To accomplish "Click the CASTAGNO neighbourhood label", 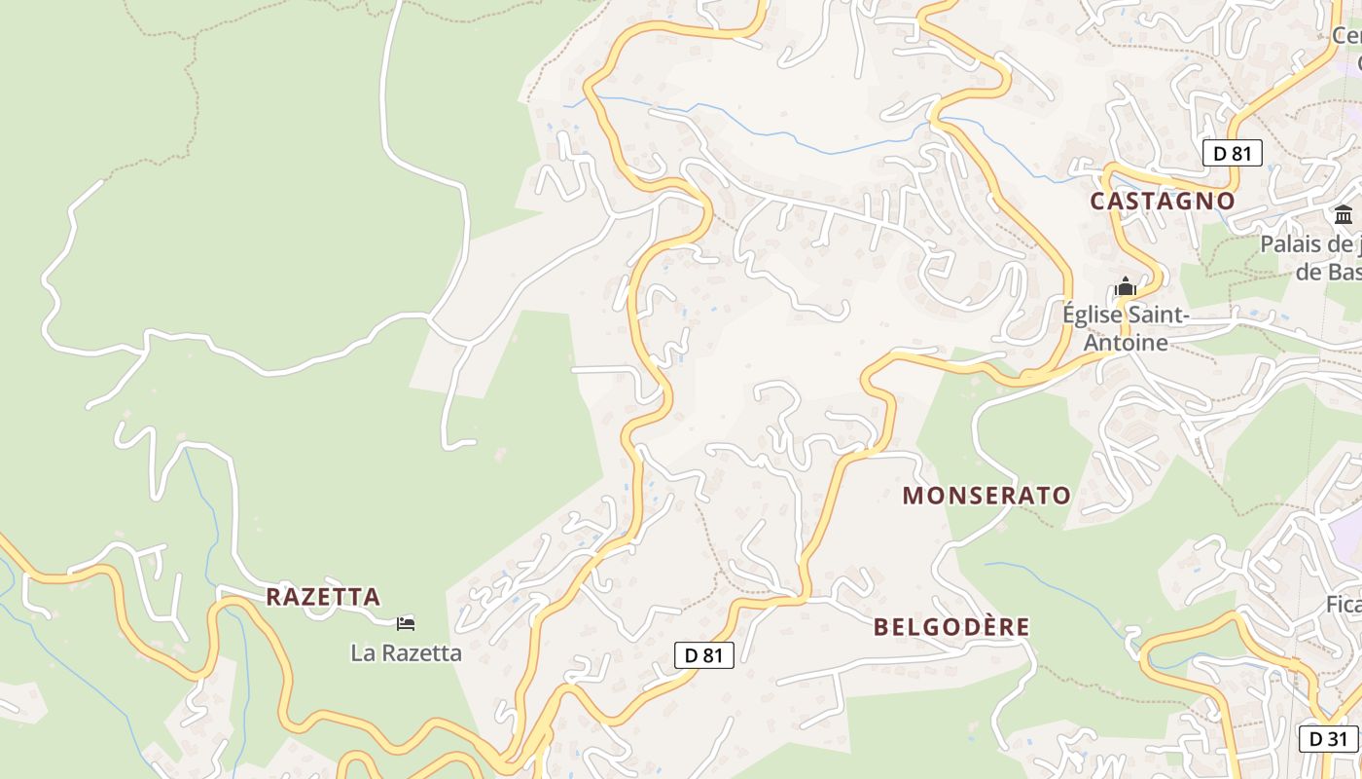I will click(x=1162, y=202).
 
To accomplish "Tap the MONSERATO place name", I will click(x=986, y=496).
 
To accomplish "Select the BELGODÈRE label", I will click(x=951, y=627).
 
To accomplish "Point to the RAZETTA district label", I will click(x=323, y=597).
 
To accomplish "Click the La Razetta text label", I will click(x=406, y=652).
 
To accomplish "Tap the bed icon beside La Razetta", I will click(x=406, y=623).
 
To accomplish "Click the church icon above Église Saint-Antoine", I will click(x=1126, y=287).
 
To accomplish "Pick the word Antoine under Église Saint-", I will click(x=1126, y=343).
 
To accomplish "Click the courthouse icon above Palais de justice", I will click(x=1344, y=215).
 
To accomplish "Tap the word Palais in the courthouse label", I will click(x=1289, y=243).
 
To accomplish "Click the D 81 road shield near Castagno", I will click(x=1232, y=153).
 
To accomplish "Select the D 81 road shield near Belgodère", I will click(x=704, y=655).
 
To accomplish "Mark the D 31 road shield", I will click(x=1328, y=738).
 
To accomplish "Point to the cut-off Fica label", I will click(x=1344, y=605).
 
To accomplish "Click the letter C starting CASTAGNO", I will click(x=1098, y=202).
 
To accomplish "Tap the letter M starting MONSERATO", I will click(x=912, y=496).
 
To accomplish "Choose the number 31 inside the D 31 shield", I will click(x=1336, y=738).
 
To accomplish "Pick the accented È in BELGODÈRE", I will click(x=977, y=626).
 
